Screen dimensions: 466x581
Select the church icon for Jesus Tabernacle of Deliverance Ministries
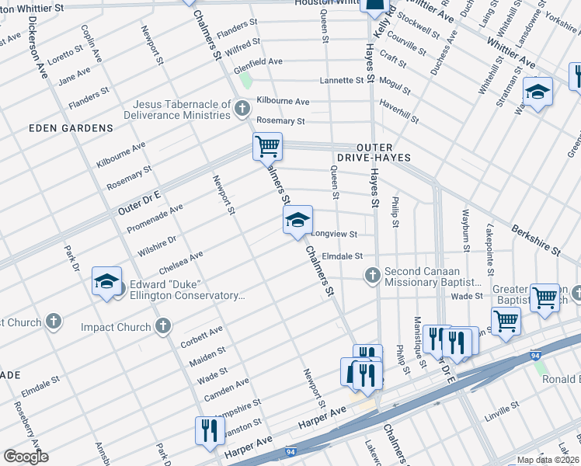pos(242,107)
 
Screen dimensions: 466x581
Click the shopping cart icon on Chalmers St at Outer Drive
pos(267,146)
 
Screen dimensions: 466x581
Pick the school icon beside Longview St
pos(297,221)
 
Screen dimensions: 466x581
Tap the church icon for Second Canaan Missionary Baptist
pos(373,274)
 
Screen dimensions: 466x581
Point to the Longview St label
pos(334,234)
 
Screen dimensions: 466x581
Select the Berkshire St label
pos(535,239)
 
